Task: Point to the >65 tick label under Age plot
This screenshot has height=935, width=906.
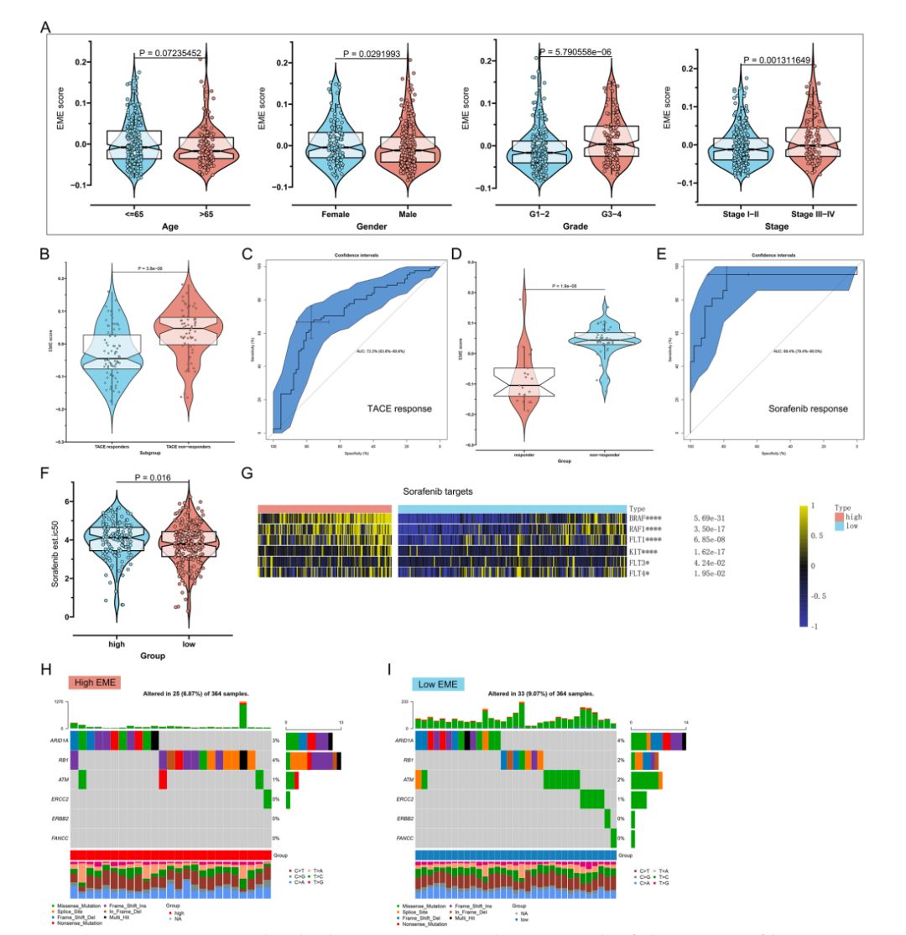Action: pyautogui.click(x=195, y=214)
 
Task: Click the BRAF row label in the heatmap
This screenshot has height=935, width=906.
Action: pyautogui.click(x=648, y=520)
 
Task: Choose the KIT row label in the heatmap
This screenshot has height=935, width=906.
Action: pyautogui.click(x=646, y=552)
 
